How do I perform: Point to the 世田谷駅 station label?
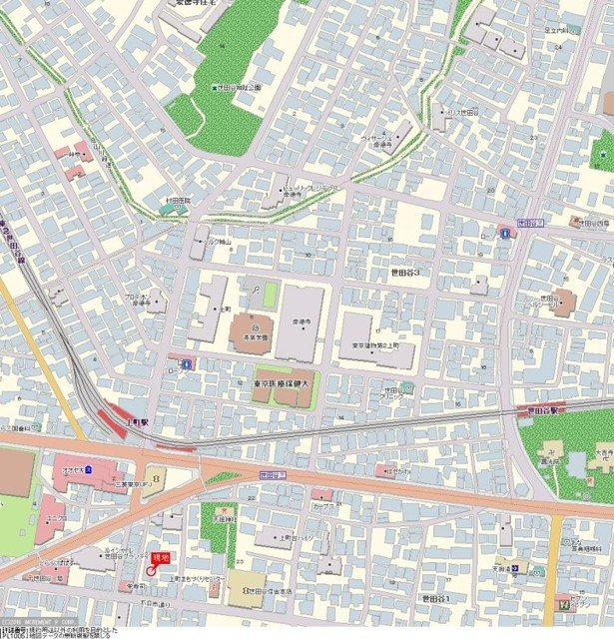[546, 409]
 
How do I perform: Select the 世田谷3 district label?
[403, 272]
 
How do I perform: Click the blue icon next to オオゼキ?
[89, 467]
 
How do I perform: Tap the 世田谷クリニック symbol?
[406, 387]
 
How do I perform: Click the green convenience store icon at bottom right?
[566, 602]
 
